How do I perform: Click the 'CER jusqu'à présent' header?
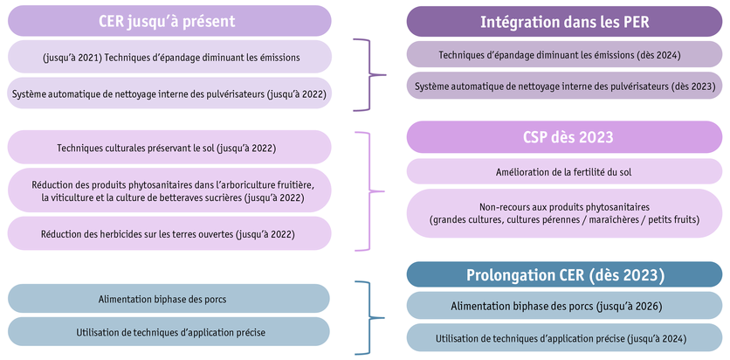(x=169, y=21)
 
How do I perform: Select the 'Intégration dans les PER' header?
(x=564, y=21)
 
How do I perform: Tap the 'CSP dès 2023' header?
(x=564, y=137)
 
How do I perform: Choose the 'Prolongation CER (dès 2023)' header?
(x=564, y=275)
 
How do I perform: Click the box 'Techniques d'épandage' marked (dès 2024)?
(x=564, y=56)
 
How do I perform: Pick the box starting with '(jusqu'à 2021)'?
(x=169, y=58)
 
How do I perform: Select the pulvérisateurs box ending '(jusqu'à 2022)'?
(x=169, y=93)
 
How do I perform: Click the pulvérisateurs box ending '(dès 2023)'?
(x=564, y=86)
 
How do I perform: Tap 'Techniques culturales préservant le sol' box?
(x=169, y=148)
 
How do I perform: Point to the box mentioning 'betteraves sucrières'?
(x=169, y=191)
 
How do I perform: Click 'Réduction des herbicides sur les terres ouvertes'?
(x=169, y=233)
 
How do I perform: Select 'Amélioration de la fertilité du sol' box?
(x=564, y=171)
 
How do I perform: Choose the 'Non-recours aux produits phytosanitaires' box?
(x=564, y=213)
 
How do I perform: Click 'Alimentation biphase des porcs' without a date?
(x=169, y=299)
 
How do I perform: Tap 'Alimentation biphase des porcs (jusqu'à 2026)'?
(x=564, y=306)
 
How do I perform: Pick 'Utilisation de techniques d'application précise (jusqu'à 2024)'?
(x=564, y=338)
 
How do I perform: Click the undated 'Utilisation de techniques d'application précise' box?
(x=169, y=332)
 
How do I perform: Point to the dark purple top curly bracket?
(x=369, y=74)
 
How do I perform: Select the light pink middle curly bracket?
(x=369, y=191)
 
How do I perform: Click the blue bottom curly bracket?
(x=369, y=317)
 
